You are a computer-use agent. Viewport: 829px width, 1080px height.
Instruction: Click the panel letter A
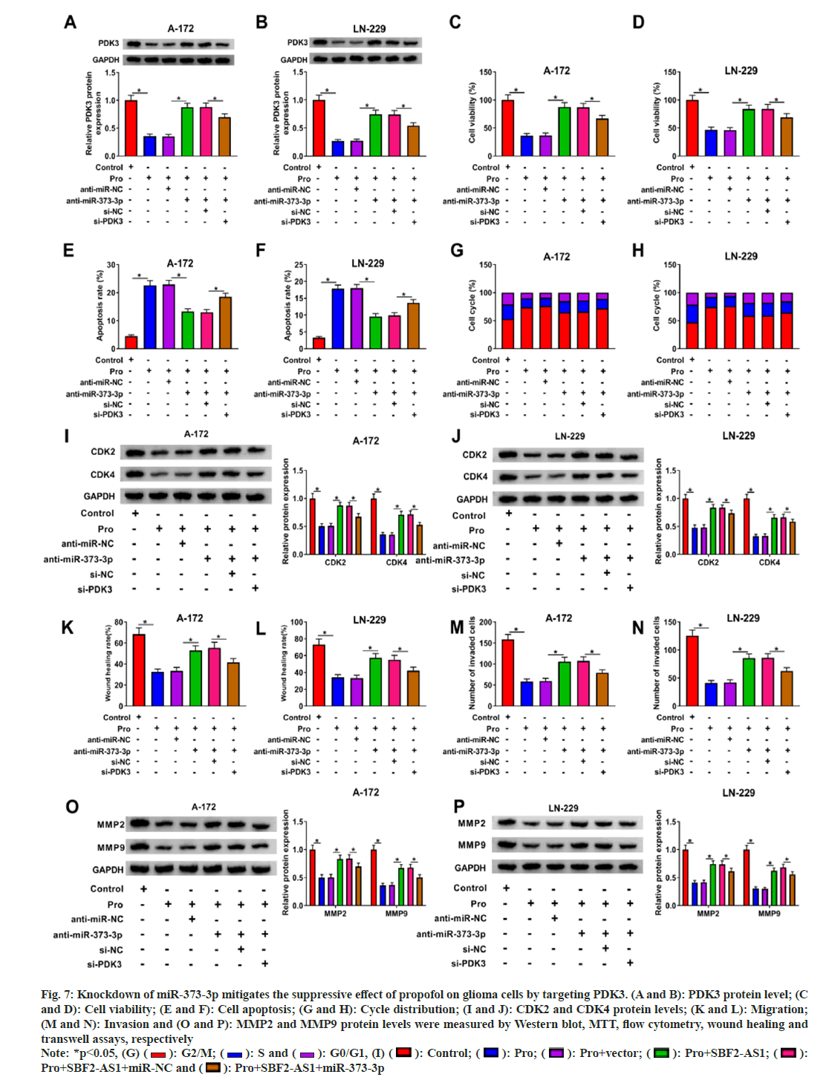(70, 22)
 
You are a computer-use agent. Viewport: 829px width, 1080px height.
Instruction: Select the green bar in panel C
(565, 131)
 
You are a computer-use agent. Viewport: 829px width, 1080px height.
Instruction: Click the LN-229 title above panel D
(741, 71)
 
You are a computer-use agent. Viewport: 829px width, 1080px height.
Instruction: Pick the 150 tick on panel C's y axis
(486, 73)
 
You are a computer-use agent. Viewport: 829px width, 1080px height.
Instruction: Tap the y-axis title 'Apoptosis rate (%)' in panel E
(100, 305)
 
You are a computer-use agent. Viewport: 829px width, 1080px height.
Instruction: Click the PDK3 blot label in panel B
(297, 42)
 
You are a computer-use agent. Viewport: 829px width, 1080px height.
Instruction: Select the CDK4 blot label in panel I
(103, 474)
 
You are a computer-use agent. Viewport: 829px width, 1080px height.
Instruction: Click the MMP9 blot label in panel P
(471, 845)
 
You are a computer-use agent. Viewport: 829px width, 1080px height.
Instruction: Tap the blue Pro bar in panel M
(527, 693)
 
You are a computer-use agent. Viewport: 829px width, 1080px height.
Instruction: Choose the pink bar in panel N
(767, 681)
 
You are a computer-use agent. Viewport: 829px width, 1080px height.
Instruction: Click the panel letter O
(72, 807)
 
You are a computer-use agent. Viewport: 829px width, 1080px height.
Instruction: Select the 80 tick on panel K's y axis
(119, 623)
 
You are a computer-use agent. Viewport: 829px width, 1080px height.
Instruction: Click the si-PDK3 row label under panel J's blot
(469, 589)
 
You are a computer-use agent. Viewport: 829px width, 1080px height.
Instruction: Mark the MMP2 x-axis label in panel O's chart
(335, 914)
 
